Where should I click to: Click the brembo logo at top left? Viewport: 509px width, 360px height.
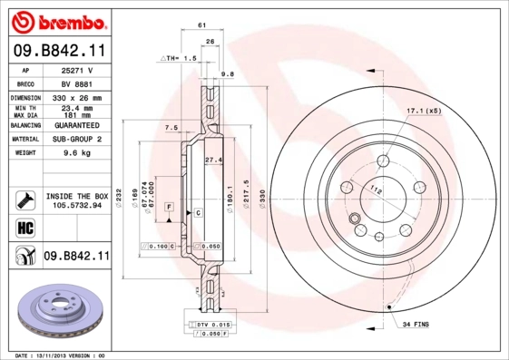55,20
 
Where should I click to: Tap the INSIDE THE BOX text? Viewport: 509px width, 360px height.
76,196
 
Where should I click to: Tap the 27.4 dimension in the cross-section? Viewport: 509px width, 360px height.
213,161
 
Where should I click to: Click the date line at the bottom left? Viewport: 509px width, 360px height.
60,355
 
